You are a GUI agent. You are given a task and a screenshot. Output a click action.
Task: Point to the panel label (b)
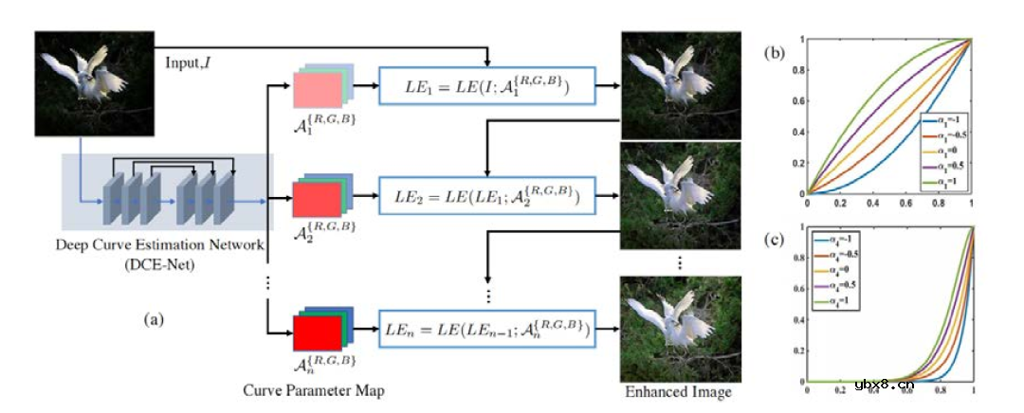click(x=776, y=53)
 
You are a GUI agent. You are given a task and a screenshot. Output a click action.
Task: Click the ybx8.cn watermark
click(x=884, y=384)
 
